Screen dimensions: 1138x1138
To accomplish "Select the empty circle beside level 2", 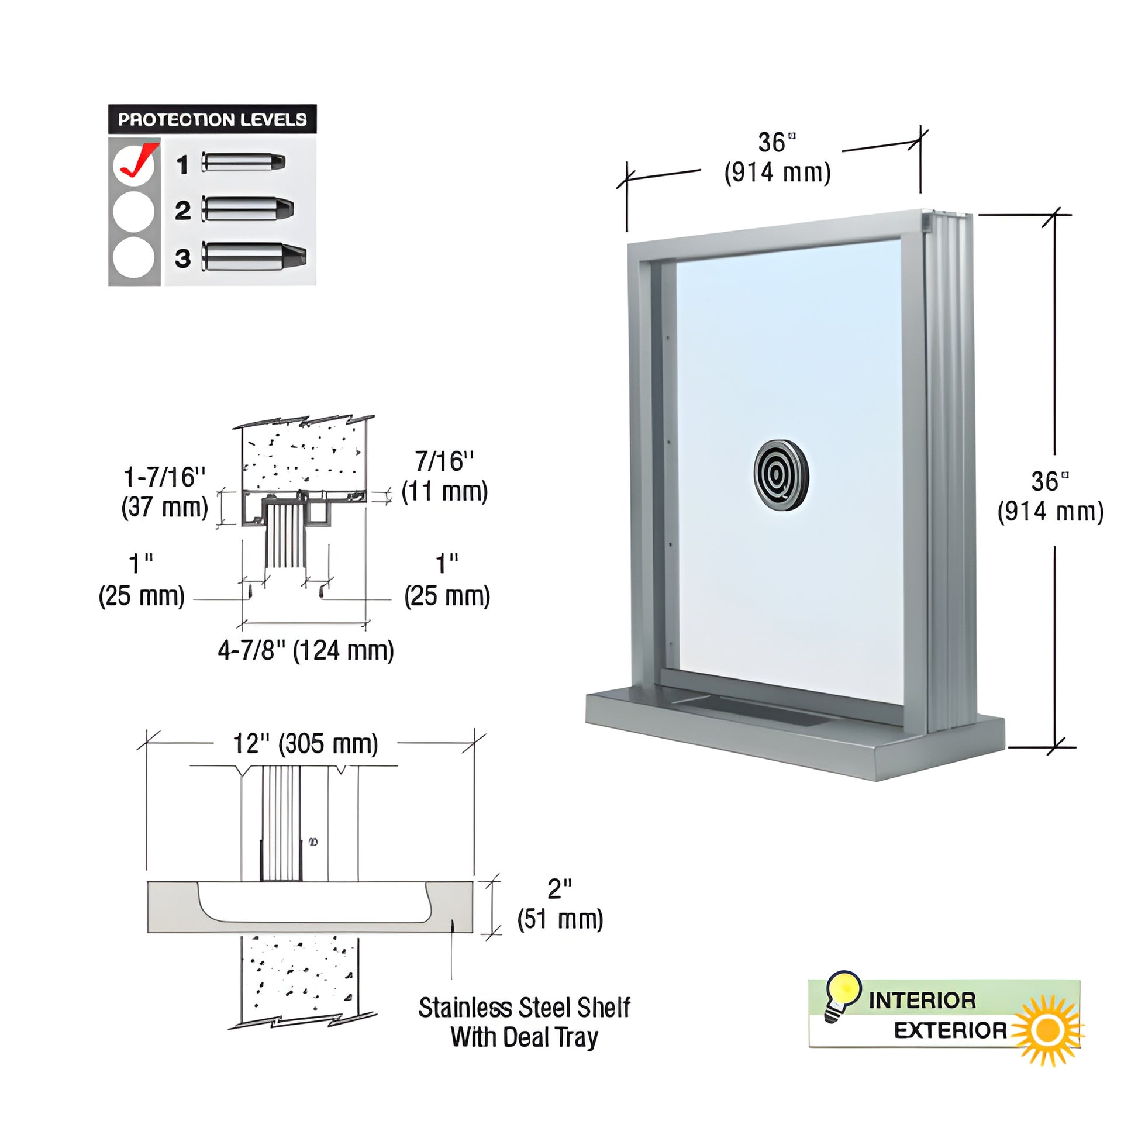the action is tap(134, 211).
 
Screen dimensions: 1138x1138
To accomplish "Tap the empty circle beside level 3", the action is tap(134, 257).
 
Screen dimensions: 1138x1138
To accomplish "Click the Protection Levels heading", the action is tap(212, 119).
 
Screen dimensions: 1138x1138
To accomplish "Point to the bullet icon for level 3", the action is tap(254, 256).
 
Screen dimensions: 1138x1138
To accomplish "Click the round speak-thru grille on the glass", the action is tap(781, 473).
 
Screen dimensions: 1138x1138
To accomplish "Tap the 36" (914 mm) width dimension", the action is tap(778, 158).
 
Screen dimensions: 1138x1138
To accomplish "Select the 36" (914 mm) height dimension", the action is tap(1050, 496).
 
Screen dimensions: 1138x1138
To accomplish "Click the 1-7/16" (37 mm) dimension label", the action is tap(165, 492).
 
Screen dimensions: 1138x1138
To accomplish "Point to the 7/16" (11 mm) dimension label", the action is tap(444, 477).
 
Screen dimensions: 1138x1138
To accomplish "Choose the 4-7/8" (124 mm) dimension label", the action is tap(306, 651).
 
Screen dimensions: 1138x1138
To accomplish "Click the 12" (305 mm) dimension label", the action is tap(306, 743).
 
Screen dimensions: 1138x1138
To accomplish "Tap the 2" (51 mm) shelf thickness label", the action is tap(560, 904).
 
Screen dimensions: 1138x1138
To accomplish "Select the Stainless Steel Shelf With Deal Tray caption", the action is tap(524, 1022).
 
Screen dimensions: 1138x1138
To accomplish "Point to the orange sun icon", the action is tap(1047, 1030).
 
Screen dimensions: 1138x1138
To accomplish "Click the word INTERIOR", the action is tap(922, 1000).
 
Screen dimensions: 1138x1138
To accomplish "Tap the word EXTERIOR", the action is tap(951, 1031).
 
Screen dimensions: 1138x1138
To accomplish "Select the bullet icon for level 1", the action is tap(244, 162).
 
